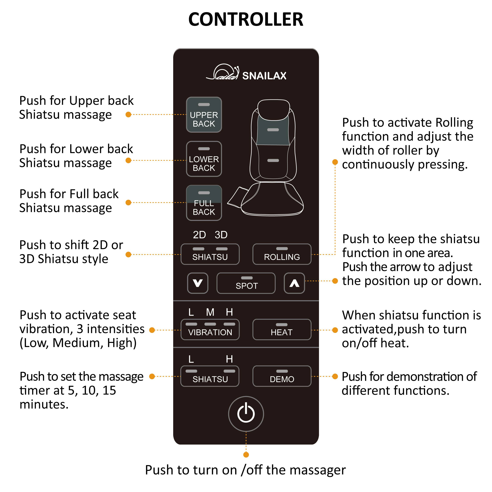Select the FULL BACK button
(x=204, y=203)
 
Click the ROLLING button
(x=282, y=254)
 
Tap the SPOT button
(x=246, y=283)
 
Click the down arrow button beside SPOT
(x=198, y=283)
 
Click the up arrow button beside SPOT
(x=294, y=283)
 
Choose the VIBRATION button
(x=210, y=329)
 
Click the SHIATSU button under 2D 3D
(x=210, y=254)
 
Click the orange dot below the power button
(x=246, y=455)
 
